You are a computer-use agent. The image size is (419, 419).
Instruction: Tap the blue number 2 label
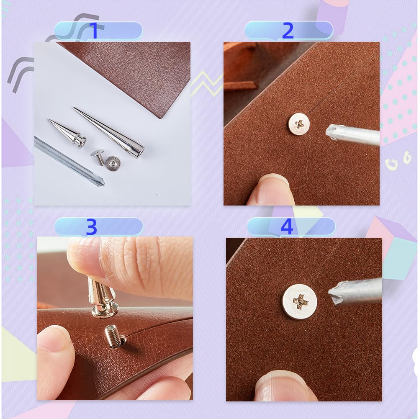click(288, 31)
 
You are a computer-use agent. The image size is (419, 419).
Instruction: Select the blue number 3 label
click(91, 227)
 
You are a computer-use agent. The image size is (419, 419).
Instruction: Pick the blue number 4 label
click(286, 227)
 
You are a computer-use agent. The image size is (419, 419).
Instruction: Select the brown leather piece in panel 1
click(134, 71)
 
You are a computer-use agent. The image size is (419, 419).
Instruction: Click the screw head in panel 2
click(299, 123)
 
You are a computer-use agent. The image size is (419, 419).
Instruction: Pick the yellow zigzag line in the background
click(206, 82)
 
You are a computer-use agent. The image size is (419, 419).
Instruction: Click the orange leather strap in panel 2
click(240, 86)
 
